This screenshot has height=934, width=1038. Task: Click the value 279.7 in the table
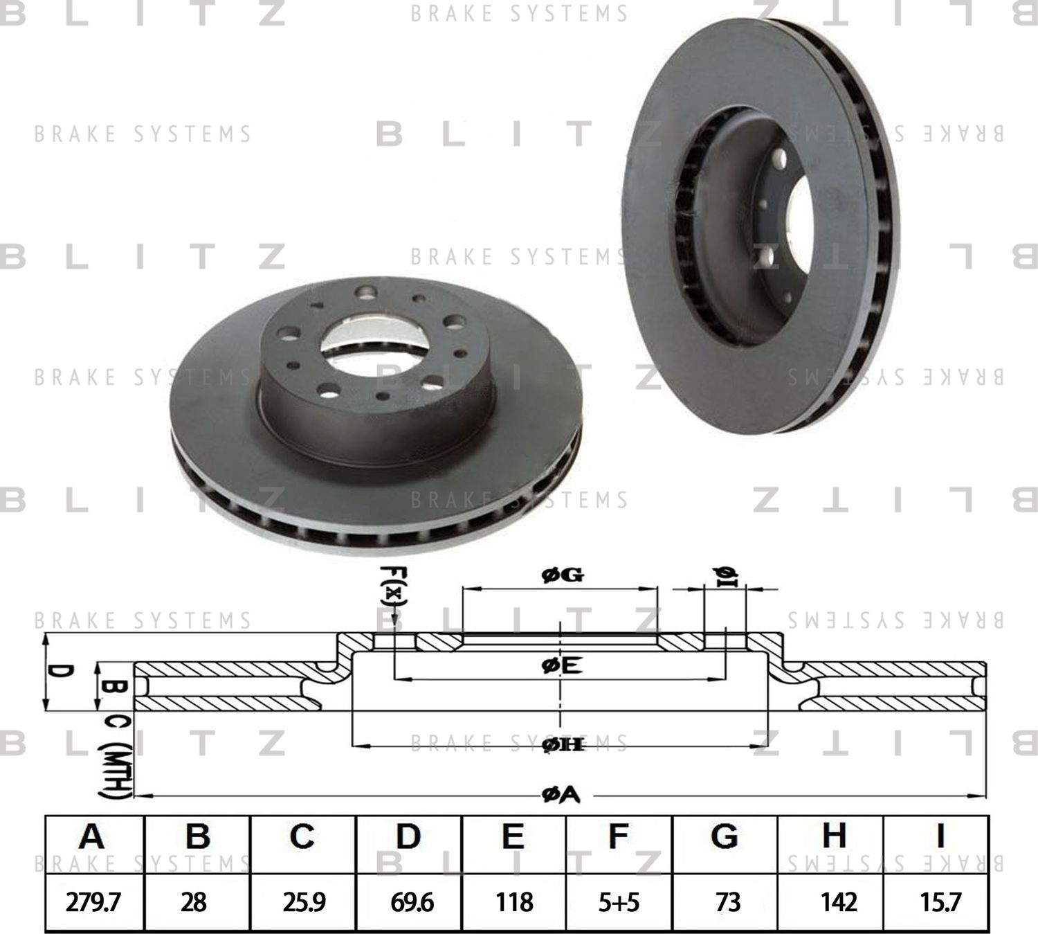click(93, 901)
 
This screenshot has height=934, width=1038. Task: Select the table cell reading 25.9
click(302, 901)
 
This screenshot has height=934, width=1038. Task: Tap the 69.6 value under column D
click(411, 901)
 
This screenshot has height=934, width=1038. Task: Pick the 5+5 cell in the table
click(618, 901)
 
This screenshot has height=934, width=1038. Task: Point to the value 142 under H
click(837, 901)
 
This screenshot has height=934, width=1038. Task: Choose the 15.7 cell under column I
click(940, 901)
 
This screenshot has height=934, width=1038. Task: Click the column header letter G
click(724, 836)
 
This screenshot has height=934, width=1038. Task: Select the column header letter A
click(91, 836)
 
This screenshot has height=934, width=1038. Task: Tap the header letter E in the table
click(512, 836)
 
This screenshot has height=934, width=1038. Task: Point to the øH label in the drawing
click(563, 745)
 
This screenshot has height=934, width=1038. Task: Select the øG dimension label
click(562, 575)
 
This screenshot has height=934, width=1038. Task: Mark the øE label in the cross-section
click(562, 667)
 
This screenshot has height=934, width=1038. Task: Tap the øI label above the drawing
click(725, 575)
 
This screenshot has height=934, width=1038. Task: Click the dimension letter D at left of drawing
click(62, 672)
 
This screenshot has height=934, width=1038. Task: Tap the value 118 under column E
click(514, 901)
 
